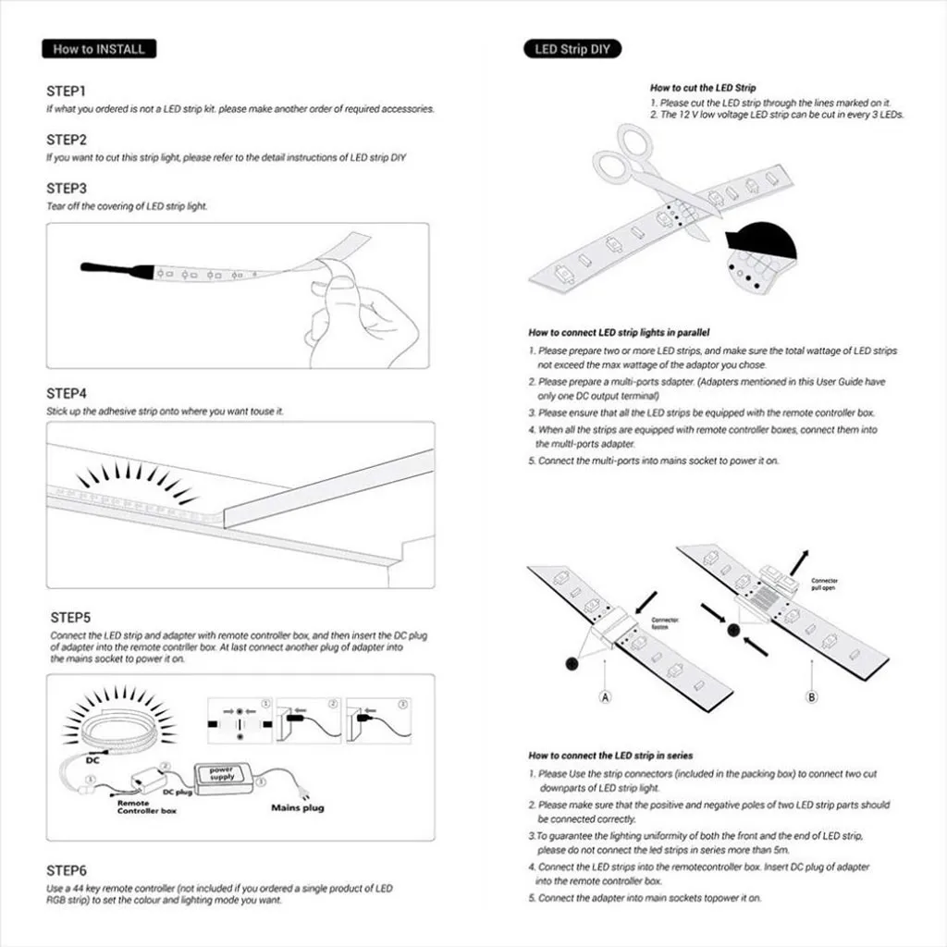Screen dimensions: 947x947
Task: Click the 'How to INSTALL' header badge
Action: point(99,49)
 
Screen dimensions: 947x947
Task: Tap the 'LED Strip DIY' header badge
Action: point(572,49)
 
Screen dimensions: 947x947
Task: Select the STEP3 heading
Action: point(67,189)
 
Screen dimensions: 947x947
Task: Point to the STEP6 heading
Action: point(67,871)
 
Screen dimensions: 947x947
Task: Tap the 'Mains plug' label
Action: point(297,807)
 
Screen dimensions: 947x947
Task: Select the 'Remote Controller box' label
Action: point(146,807)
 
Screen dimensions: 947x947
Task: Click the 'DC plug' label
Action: point(178,793)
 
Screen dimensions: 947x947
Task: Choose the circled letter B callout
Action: point(811,696)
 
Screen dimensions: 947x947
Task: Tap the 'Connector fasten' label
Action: point(665,623)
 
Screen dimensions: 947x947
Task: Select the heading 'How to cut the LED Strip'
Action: point(703,88)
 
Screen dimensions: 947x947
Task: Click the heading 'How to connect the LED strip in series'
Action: point(610,756)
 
